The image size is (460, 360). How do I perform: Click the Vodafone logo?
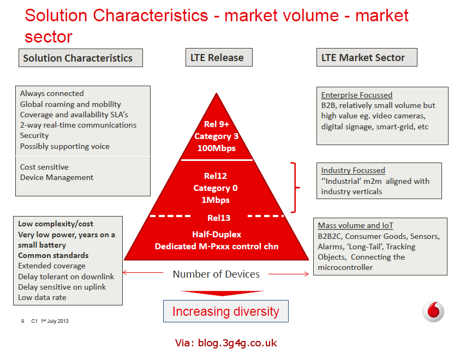[433, 312]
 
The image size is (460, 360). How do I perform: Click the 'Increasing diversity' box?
[225, 311]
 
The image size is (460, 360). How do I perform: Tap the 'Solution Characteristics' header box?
[80, 58]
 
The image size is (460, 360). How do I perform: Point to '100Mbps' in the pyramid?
[216, 147]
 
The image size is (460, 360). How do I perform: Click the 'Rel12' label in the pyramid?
[217, 176]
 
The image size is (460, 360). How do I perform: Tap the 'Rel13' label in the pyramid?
[218, 218]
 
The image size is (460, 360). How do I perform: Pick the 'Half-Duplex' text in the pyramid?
[217, 234]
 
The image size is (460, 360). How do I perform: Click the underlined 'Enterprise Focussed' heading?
[356, 95]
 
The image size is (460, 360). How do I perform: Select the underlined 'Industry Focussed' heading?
[353, 170]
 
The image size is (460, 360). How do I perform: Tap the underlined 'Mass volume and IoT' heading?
[355, 225]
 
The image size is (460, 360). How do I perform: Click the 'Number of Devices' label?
[216, 274]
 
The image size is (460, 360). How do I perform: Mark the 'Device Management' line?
[57, 177]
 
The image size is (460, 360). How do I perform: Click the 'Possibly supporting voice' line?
[64, 146]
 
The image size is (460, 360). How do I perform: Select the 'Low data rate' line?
[42, 297]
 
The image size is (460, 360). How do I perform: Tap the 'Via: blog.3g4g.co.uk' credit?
[226, 343]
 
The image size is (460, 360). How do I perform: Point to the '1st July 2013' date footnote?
[55, 321]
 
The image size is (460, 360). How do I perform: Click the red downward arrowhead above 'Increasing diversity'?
[223, 295]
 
